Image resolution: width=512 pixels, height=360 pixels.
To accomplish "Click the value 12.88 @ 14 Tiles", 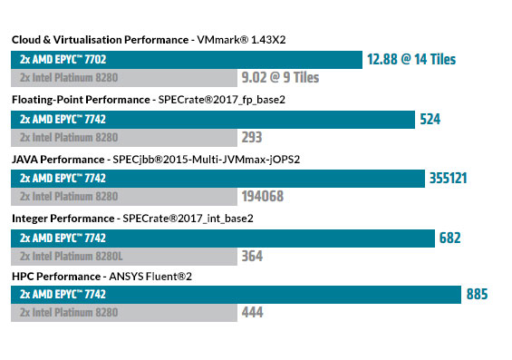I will (411, 60).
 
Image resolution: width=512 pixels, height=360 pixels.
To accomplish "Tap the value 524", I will (430, 119).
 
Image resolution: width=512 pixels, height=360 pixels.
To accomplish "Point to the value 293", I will (252, 138).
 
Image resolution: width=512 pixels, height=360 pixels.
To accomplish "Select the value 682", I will (449, 238).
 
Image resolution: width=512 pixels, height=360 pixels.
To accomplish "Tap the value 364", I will (252, 257).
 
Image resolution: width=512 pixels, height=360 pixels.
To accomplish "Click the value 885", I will (477, 294).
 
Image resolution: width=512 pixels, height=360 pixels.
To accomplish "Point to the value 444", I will (252, 313).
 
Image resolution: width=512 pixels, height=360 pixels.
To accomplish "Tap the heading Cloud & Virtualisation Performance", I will (98, 40).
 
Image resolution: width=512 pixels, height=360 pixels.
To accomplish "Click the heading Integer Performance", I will (63, 219).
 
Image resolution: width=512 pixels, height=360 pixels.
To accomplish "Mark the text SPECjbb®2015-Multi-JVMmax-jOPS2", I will (212, 159).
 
